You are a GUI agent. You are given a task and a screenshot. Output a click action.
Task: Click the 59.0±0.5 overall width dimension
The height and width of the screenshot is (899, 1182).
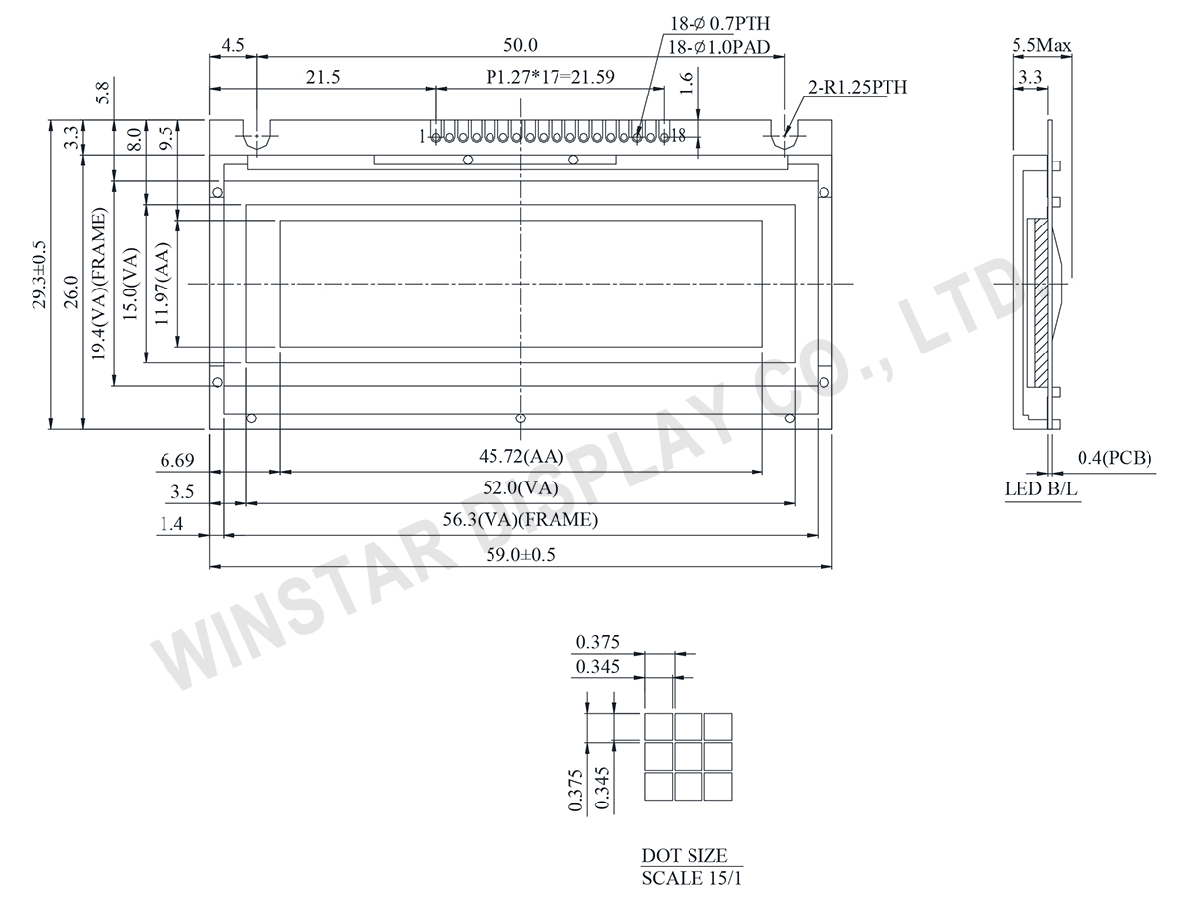[x=521, y=555]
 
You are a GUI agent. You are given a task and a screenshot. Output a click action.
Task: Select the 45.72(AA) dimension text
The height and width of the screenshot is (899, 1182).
[x=521, y=457]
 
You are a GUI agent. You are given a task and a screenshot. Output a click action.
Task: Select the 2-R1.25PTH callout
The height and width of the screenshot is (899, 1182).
[x=857, y=88]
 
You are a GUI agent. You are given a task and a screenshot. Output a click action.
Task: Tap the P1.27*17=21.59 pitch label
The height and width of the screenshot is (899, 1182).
[x=549, y=75]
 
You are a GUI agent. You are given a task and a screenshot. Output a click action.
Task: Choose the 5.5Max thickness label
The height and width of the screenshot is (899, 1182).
[x=1041, y=45]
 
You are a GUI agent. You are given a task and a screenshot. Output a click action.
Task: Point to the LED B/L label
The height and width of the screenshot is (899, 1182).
[x=1041, y=488]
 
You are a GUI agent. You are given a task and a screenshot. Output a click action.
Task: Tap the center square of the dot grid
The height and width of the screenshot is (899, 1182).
[x=689, y=756]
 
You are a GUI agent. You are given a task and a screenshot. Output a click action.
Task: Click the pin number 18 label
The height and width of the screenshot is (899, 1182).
[x=677, y=136]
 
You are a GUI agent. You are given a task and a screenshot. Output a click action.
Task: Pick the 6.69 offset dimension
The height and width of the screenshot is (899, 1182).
[x=174, y=459]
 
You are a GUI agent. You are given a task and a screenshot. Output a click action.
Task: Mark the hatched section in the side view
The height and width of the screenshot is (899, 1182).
[x=1039, y=302]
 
